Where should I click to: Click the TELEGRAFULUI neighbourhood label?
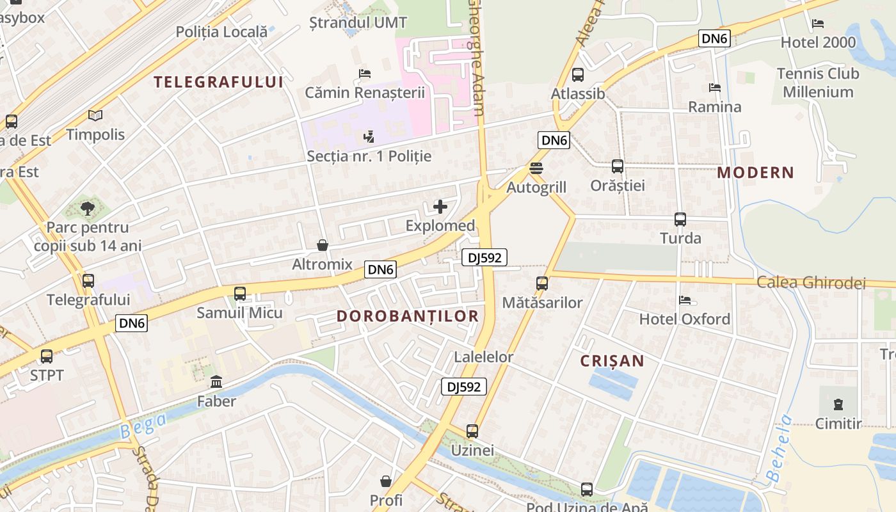tap(218, 81)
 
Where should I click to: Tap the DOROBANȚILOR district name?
tap(408, 316)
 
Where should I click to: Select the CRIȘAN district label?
tap(612, 361)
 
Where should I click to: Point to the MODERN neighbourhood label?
tap(755, 172)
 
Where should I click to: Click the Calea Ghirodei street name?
tap(811, 283)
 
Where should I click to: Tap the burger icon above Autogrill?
tap(536, 168)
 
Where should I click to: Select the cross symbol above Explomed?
tap(440, 206)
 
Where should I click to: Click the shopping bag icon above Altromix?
tap(323, 245)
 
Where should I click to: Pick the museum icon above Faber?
tap(216, 382)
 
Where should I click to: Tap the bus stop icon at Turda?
tap(680, 220)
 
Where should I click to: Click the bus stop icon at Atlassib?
tap(578, 75)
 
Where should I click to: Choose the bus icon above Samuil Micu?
tap(240, 294)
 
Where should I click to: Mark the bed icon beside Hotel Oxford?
tap(685, 300)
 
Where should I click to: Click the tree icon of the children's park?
tap(88, 208)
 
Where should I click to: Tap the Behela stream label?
tap(778, 448)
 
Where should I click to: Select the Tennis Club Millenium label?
tap(818, 83)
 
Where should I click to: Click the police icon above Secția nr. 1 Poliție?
tap(369, 136)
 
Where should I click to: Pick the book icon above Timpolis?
tap(95, 116)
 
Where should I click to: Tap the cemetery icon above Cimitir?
tap(838, 404)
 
